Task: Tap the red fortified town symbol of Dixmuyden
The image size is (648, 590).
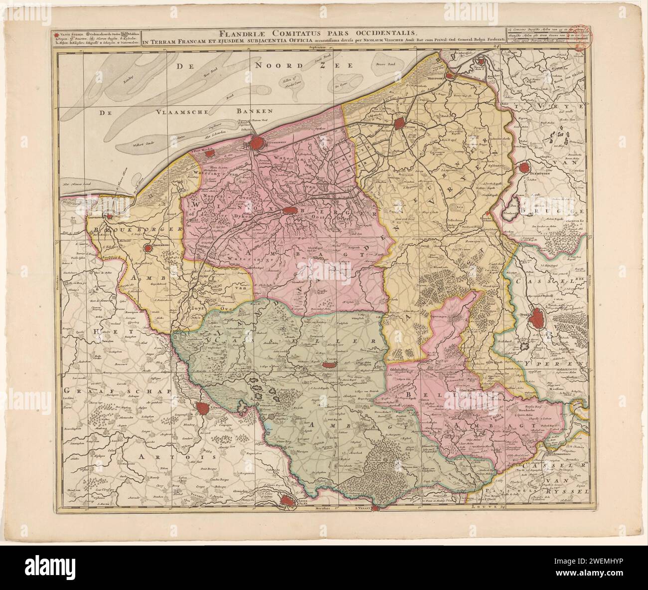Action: tap(524, 169)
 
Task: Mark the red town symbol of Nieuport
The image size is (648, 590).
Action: tap(450, 76)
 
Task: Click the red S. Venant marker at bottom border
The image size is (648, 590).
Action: tap(376, 509)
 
